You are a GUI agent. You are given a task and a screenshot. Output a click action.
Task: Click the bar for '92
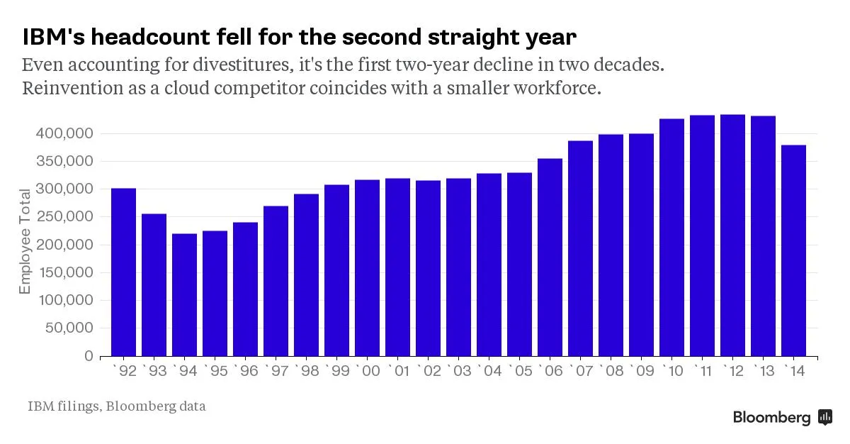pyautogui.click(x=124, y=272)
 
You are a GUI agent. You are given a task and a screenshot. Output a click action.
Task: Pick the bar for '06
pyautogui.click(x=550, y=257)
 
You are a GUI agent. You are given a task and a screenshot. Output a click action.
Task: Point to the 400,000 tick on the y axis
pyautogui.click(x=64, y=133)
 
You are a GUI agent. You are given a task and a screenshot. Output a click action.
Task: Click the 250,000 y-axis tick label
pyautogui.click(x=64, y=217)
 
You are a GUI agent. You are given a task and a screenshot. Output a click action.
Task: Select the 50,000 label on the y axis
pyautogui.click(x=68, y=328)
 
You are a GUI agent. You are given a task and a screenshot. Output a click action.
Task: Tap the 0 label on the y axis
pyautogui.click(x=89, y=356)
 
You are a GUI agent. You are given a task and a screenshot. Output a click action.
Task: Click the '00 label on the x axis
pyautogui.click(x=367, y=371)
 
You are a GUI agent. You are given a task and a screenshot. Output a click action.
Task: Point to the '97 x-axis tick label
pyautogui.click(x=276, y=371)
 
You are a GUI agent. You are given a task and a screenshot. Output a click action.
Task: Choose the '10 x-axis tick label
pyautogui.click(x=671, y=371)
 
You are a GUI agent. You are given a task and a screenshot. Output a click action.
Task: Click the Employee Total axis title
pyautogui.click(x=25, y=241)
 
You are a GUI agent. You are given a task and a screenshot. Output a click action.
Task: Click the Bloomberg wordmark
pyautogui.click(x=771, y=418)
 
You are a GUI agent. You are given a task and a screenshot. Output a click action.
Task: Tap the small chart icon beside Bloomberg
pyautogui.click(x=825, y=417)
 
